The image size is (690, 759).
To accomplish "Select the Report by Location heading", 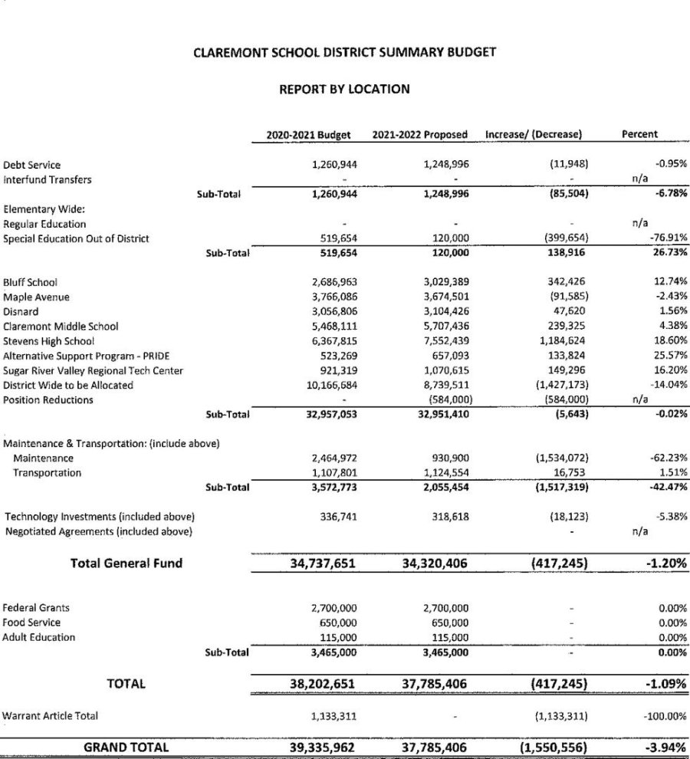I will coord(344,89).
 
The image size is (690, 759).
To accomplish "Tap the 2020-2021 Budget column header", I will coord(308,134).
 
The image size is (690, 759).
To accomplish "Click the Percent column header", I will coord(639,134).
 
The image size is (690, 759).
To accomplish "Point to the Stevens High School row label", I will coord(49,341).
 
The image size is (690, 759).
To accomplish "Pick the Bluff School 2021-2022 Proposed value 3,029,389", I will coord(439,282).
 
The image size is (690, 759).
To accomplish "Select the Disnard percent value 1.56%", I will coord(672,312).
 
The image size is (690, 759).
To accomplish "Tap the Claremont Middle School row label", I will coord(61,327).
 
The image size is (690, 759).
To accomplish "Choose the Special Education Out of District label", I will coord(76,238).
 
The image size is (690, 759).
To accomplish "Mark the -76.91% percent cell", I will coord(668,238).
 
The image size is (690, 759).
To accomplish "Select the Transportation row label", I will coord(47,473).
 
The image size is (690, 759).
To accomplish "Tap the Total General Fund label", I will coord(127,563).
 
